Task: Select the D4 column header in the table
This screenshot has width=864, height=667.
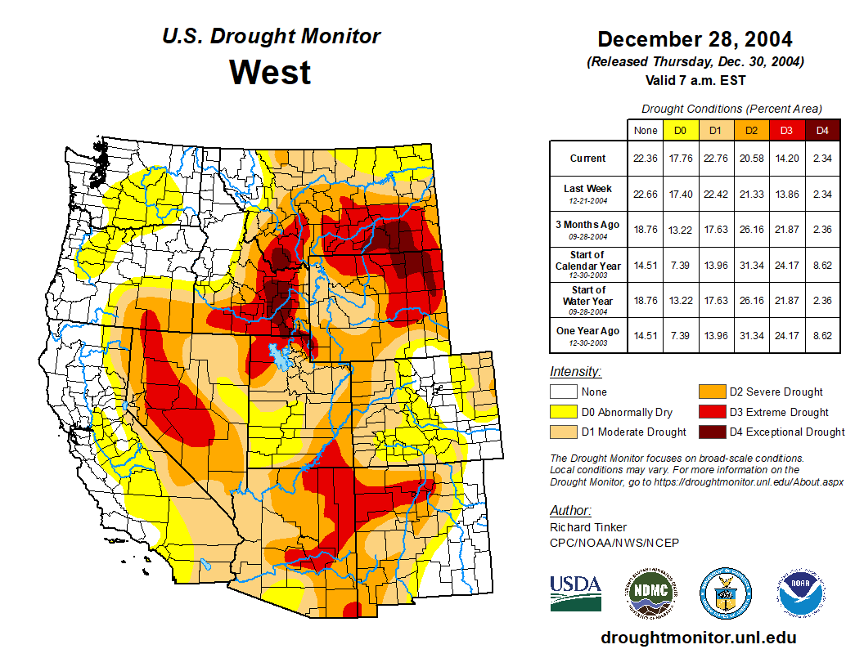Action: [x=822, y=130]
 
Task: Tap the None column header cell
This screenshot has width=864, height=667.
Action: [x=646, y=130]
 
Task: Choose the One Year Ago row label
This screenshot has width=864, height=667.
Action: [x=587, y=332]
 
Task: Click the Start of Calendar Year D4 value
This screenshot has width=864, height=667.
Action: [x=822, y=265]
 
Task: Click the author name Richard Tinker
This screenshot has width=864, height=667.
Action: [x=588, y=527]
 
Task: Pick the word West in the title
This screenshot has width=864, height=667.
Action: [x=270, y=72]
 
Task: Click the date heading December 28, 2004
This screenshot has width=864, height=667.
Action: [x=695, y=39]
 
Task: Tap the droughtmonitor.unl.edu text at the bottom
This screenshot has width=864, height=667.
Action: [x=698, y=638]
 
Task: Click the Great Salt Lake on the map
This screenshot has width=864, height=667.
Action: [x=282, y=356]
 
